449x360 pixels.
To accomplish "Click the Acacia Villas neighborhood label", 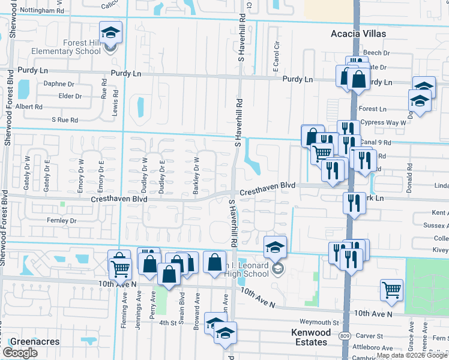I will click(358, 34).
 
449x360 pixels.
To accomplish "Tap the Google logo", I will click(20, 353).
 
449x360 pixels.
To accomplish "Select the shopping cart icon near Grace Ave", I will click(391, 290).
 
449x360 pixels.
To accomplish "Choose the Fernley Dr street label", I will click(62, 221).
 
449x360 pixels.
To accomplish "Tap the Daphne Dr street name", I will click(58, 85).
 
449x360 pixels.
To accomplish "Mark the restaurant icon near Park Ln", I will click(354, 203).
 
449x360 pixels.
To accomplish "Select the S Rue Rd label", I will click(65, 120).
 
